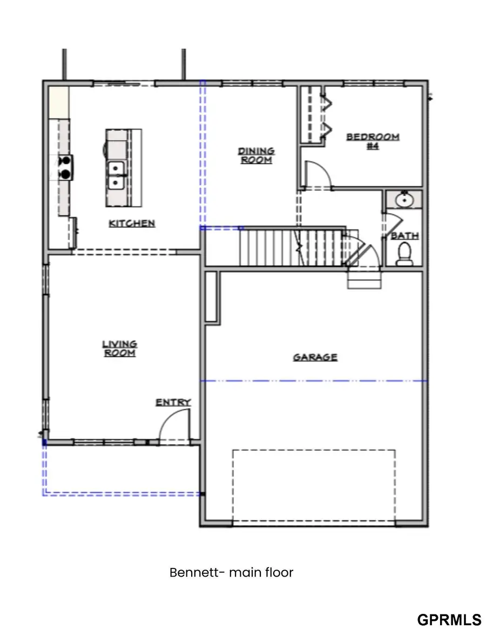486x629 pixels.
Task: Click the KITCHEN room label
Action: (132, 223)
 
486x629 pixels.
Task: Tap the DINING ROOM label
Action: (256, 155)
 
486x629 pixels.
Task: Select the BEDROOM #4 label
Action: (373, 141)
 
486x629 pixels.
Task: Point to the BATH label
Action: (404, 236)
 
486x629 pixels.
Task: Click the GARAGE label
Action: (315, 357)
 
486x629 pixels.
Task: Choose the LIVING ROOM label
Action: (119, 348)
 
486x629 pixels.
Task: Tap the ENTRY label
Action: (173, 402)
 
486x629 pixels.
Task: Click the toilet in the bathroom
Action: (404, 254)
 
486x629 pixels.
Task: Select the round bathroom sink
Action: (403, 200)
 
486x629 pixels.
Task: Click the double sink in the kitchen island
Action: (116, 175)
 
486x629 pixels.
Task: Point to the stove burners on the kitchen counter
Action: (65, 167)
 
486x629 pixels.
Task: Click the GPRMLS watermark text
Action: (449, 619)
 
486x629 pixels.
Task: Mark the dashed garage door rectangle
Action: (314, 486)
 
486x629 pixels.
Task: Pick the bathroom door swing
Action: (391, 224)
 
